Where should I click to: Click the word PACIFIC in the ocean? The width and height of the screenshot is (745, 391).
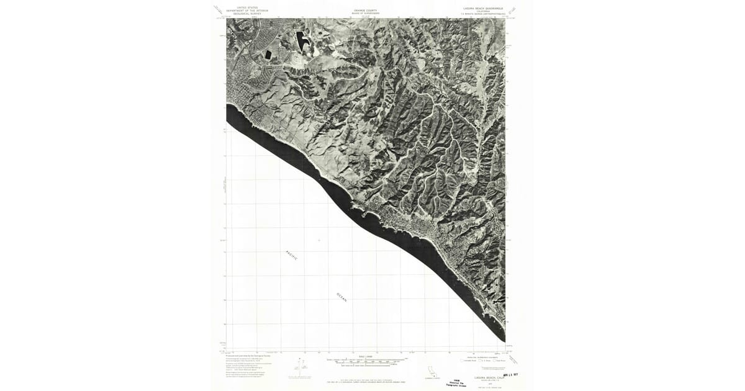coord(292,254)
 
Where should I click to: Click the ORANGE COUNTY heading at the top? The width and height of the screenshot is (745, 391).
coord(365,11)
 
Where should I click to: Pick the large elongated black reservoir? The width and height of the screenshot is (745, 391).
coord(302,42)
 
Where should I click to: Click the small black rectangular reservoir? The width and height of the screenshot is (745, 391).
coord(268,54)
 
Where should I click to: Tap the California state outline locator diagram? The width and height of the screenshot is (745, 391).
coord(429,371)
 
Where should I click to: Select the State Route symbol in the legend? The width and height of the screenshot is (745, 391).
coord(500,361)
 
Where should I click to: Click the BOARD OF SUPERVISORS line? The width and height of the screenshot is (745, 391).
coord(365,14)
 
